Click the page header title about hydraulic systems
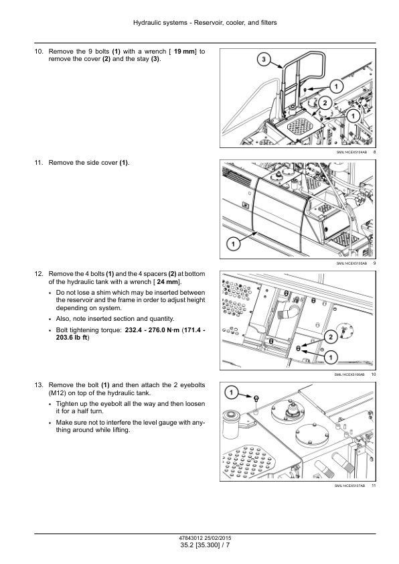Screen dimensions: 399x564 [x=205, y=23]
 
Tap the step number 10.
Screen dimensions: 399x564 [x=39, y=52]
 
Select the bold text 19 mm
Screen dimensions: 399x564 [x=184, y=52]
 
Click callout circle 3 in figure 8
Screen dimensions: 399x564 [x=264, y=60]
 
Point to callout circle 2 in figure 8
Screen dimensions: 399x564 [x=325, y=104]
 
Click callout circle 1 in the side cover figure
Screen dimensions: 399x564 [x=233, y=244]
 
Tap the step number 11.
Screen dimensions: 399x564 [x=39, y=163]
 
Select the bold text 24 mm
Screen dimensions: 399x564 [x=167, y=281]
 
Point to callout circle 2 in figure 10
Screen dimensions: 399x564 [x=331, y=337]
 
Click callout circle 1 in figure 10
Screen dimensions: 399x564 [x=331, y=357]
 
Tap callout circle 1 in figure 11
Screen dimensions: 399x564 [x=231, y=392]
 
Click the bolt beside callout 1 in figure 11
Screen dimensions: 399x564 [x=256, y=398]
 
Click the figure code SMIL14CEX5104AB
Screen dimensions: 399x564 [x=351, y=152]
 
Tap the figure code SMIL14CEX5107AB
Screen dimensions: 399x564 [x=349, y=486]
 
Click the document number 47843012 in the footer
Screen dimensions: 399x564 [x=191, y=538]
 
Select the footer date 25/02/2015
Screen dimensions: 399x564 [x=218, y=538]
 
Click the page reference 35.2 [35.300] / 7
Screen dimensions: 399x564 [x=206, y=545]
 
